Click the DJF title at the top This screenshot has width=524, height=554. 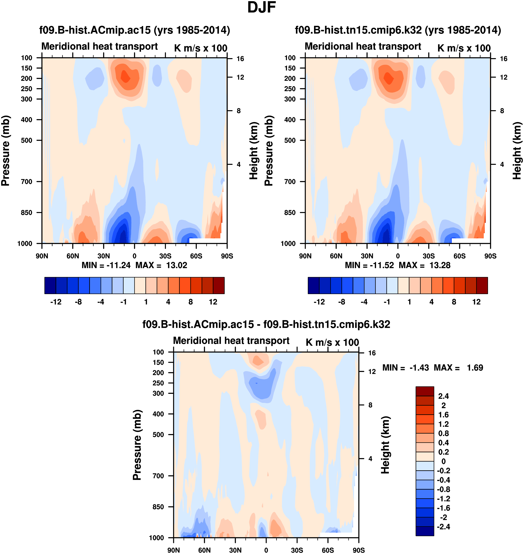(262, 7)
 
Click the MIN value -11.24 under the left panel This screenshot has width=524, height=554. (118, 265)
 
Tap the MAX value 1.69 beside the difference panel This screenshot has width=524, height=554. (475, 368)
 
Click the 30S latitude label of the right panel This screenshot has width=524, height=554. (429, 256)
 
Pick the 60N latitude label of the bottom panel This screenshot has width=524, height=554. (204, 550)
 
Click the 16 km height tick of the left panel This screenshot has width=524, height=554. (240, 59)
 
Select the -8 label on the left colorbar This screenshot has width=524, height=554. (78, 302)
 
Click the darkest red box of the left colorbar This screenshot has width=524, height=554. (219, 285)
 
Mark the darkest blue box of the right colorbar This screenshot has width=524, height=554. (313, 285)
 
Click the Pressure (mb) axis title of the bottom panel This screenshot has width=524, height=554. (137, 445)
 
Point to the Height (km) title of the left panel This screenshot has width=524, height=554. (253, 151)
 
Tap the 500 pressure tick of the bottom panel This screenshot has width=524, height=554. (158, 435)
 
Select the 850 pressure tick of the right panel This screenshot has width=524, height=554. (290, 213)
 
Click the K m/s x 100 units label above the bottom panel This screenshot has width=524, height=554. (332, 342)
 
